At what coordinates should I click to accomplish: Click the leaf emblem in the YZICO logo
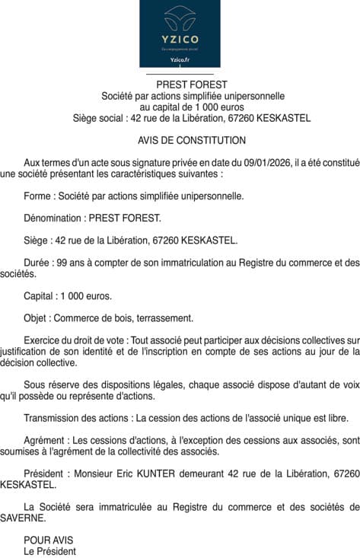pos(180,18)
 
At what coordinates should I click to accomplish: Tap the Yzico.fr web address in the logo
pos(180,59)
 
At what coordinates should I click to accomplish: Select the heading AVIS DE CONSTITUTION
pos(192,141)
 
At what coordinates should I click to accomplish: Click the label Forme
pos(38,196)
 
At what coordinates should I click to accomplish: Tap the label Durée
pos(39,263)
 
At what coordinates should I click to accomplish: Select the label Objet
pos(38,318)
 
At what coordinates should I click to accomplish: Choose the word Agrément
pos(46,440)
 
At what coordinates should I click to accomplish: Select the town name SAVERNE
pos(24,518)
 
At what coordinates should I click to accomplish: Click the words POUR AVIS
pos(47,540)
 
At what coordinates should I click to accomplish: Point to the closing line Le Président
pos(50,551)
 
